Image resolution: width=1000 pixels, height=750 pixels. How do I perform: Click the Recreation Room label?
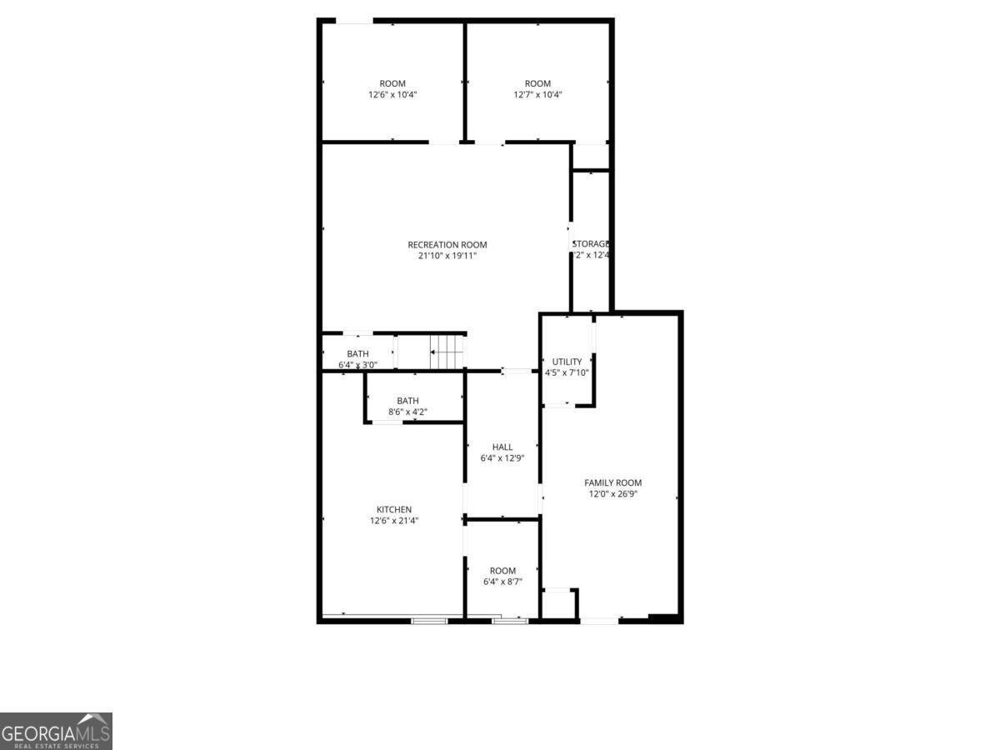pyautogui.click(x=447, y=244)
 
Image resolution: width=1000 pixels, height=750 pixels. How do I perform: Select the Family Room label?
pyautogui.click(x=612, y=482)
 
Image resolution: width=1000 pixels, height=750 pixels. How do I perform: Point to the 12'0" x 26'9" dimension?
pyautogui.click(x=612, y=494)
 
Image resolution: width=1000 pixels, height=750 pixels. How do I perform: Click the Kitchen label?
pyautogui.click(x=394, y=509)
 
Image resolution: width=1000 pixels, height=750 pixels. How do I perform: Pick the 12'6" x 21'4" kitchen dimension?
pyautogui.click(x=394, y=521)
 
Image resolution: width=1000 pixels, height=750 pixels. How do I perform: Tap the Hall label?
pyautogui.click(x=502, y=447)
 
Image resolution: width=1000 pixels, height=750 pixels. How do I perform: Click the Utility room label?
pyautogui.click(x=567, y=362)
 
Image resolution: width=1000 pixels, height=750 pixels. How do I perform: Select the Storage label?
pyautogui.click(x=592, y=243)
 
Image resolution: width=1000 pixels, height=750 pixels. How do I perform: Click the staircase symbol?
pyautogui.click(x=448, y=351)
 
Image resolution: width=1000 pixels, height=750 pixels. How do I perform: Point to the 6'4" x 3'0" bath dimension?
pyautogui.click(x=357, y=365)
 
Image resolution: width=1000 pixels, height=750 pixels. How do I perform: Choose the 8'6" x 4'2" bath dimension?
pyautogui.click(x=407, y=412)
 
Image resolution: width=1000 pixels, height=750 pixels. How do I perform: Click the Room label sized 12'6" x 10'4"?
pyautogui.click(x=392, y=82)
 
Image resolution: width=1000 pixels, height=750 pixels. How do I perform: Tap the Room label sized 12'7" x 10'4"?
pyautogui.click(x=537, y=82)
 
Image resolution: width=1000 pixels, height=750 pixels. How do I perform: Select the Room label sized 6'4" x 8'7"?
pyautogui.click(x=502, y=571)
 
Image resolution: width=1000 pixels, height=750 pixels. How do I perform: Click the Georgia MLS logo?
pyautogui.click(x=56, y=731)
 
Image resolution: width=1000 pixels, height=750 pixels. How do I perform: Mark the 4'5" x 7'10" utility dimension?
pyautogui.click(x=567, y=372)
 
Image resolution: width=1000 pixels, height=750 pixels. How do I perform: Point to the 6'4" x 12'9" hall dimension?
pyautogui.click(x=502, y=458)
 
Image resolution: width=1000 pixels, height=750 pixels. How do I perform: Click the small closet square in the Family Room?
pyautogui.click(x=558, y=604)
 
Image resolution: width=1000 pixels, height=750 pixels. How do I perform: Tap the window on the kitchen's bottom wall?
pyautogui.click(x=428, y=620)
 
